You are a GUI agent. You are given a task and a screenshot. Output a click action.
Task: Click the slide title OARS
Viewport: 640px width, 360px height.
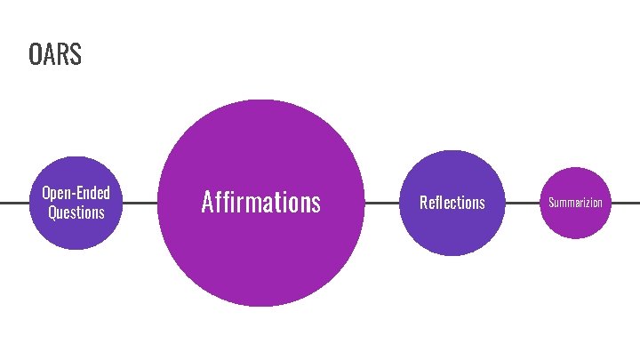point(54,55)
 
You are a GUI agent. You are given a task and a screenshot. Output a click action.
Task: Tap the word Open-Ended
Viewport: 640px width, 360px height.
point(76,193)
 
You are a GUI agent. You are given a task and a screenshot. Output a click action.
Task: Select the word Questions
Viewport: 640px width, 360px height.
point(76,212)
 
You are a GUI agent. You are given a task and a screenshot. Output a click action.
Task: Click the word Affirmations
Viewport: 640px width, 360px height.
point(260,203)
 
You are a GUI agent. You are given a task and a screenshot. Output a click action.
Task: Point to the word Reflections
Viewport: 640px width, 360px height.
point(452,203)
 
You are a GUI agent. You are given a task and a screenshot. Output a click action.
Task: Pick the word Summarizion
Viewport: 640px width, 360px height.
point(575,203)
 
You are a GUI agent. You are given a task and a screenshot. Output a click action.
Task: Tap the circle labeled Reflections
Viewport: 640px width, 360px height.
point(452,231)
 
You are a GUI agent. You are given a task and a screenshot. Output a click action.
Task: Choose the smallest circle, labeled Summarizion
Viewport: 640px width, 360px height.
point(575,222)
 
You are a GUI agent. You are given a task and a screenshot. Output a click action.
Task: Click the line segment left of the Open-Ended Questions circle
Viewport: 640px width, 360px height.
point(13,203)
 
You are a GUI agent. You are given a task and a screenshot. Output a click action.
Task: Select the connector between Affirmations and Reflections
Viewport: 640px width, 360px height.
point(381,203)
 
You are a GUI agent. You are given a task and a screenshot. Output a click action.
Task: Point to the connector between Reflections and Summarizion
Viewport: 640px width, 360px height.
point(522,203)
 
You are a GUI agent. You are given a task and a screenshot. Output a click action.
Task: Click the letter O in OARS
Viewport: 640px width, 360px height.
point(35,55)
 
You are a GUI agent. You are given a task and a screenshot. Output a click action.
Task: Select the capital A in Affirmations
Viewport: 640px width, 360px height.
point(207,203)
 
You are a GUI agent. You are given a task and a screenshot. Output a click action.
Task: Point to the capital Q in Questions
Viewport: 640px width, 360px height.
point(52,212)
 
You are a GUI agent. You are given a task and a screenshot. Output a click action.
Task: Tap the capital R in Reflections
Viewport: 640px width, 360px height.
point(423,203)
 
